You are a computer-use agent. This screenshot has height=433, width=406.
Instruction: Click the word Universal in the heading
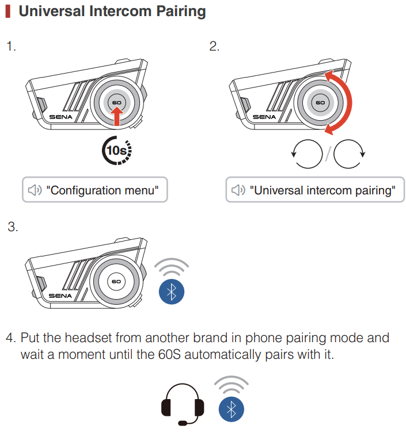[48, 11]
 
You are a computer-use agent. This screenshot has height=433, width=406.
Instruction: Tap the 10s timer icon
[117, 151]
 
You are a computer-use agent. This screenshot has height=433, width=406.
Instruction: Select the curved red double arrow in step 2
[343, 102]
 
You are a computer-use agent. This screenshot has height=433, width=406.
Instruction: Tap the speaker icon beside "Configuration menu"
[36, 190]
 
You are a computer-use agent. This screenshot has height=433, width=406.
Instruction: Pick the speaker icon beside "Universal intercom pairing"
[239, 190]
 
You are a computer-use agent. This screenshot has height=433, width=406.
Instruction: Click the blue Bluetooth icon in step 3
[171, 292]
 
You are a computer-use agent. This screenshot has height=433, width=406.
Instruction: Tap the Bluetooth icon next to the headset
[232, 409]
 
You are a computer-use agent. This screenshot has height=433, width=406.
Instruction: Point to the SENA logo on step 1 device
[59, 116]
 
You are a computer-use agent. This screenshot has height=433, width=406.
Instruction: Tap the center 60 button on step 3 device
[117, 282]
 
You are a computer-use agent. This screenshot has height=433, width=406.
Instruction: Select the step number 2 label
[214, 47]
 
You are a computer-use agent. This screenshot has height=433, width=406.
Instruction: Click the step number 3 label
[13, 227]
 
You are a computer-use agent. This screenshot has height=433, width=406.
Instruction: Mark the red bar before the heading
[8, 12]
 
